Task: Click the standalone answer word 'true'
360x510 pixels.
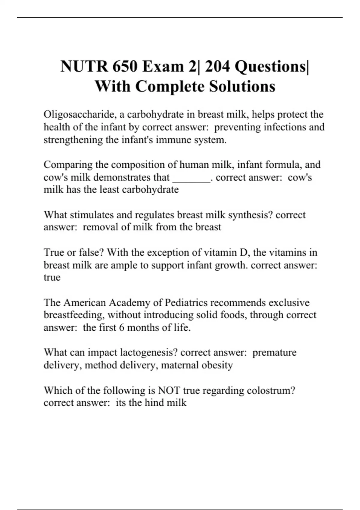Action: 52,277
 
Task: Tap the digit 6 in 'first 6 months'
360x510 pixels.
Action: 121,328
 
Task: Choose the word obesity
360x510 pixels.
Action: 220,365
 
